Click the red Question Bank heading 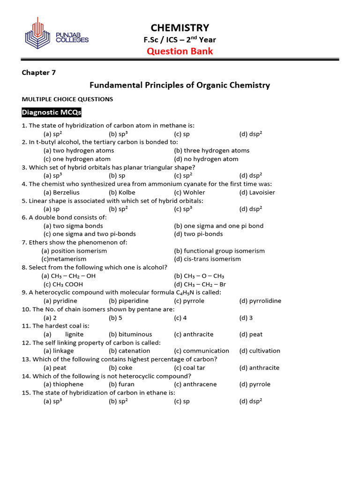click(x=180, y=51)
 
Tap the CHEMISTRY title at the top click(x=180, y=28)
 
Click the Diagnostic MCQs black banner click(x=52, y=112)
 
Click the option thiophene click(x=65, y=384)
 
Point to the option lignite click(x=74, y=334)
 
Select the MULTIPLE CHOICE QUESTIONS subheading click(x=67, y=99)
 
